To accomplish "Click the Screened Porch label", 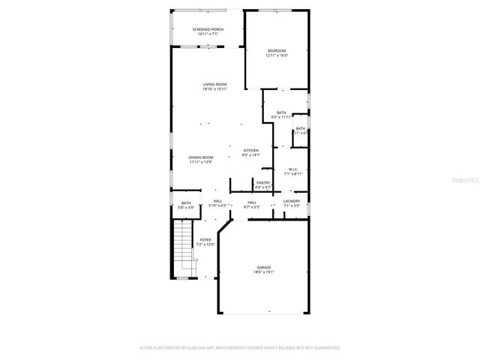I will pyautogui.click(x=208, y=29).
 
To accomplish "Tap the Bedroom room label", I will pyautogui.click(x=277, y=50).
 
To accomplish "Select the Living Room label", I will pyautogui.click(x=214, y=84).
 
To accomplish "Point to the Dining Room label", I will pyautogui.click(x=200, y=157).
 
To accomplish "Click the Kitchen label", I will pyautogui.click(x=250, y=151).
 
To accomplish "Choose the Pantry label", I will pyautogui.click(x=262, y=182).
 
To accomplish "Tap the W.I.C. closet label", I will pyautogui.click(x=293, y=169).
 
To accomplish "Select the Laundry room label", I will pyautogui.click(x=292, y=201).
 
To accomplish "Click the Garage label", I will pyautogui.click(x=264, y=268).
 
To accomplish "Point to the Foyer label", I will pyautogui.click(x=205, y=240).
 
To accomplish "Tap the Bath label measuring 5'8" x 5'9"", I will pyautogui.click(x=185, y=203).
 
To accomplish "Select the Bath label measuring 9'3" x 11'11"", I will pyautogui.click(x=281, y=112).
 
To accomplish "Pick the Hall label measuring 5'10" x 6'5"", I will pyautogui.click(x=217, y=201).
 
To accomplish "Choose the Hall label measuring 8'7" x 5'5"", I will pyautogui.click(x=252, y=201).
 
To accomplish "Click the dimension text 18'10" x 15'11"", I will pyautogui.click(x=214, y=89).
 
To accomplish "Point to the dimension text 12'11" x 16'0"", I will pyautogui.click(x=277, y=55).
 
